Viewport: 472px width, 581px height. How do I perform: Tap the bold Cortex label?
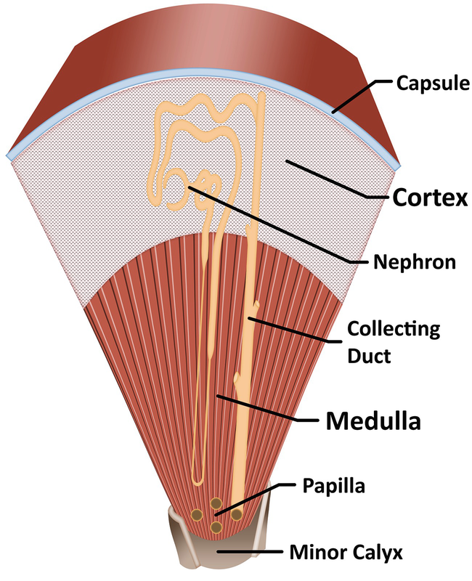click(428, 198)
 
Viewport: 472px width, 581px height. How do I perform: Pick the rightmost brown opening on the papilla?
click(237, 514)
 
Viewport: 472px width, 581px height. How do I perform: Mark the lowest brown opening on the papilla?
click(216, 527)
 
